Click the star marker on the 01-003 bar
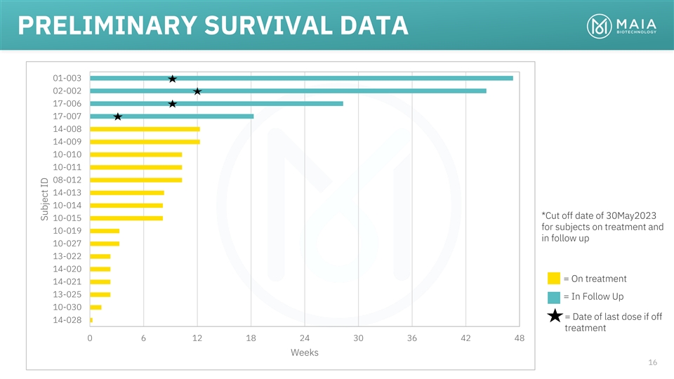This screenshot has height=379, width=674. (172, 79)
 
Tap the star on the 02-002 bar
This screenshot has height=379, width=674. (197, 91)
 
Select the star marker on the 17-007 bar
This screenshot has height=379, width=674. (118, 117)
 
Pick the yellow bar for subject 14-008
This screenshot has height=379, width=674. (145, 129)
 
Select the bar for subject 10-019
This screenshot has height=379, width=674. (105, 231)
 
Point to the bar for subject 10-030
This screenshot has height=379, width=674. (95, 307)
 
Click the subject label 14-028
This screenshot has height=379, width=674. (67, 320)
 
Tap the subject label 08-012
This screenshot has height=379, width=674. (67, 180)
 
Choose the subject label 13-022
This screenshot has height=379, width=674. (67, 256)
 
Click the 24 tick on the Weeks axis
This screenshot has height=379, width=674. (305, 338)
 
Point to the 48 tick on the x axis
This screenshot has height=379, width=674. (520, 338)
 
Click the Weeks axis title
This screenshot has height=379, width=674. (305, 352)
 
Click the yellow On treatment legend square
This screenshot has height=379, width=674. (554, 279)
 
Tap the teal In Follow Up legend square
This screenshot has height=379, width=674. (554, 297)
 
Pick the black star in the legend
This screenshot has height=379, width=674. (554, 316)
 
